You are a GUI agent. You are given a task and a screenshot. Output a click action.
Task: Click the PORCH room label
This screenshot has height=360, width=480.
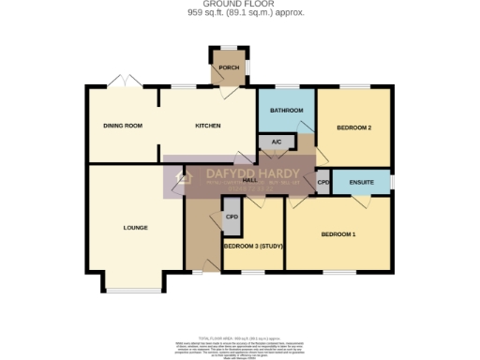(227, 68)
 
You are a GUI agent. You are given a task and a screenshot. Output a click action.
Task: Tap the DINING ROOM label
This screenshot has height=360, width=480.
(123, 125)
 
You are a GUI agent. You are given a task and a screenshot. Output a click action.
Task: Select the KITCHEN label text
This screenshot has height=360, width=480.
(207, 125)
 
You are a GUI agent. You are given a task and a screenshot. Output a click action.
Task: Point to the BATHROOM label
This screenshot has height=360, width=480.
(286, 111)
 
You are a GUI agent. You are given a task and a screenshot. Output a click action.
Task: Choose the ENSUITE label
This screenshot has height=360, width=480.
(362, 181)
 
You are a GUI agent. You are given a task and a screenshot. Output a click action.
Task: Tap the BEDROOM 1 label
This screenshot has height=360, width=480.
(338, 233)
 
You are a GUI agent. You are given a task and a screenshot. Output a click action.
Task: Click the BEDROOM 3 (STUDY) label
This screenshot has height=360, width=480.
(253, 246)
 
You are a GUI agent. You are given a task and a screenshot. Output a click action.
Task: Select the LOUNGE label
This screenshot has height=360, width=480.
(136, 227)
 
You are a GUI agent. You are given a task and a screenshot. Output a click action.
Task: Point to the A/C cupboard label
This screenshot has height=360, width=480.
(275, 142)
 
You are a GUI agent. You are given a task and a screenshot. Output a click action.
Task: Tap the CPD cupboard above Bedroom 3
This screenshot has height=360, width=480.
(232, 217)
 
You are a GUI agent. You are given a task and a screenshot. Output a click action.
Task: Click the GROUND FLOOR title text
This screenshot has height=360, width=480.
(240, 5)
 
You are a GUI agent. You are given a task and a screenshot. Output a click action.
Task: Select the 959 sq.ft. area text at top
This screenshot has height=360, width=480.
(240, 13)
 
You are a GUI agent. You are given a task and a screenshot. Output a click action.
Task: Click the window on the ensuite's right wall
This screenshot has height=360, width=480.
(392, 180)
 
